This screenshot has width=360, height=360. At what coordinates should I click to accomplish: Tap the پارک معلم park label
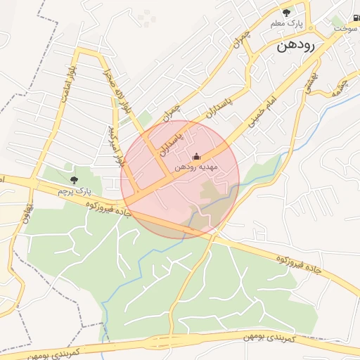286,25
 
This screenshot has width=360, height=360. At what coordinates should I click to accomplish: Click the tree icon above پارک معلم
286,13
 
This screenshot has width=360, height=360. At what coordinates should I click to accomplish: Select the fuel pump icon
356,18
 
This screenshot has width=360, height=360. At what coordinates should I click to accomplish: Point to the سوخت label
345,28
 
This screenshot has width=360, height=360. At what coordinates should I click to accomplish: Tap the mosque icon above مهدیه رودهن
195,156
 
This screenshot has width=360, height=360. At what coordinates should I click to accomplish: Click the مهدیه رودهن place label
198,167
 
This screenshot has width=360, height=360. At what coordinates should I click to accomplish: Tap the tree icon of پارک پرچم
74,181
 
